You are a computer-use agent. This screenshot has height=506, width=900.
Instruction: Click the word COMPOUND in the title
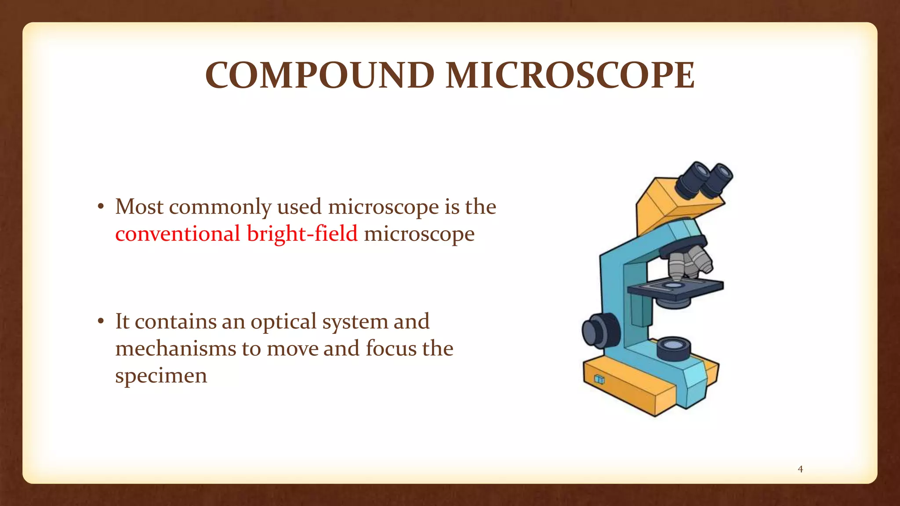(320, 75)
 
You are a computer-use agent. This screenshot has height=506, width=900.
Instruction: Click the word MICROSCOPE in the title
(570, 75)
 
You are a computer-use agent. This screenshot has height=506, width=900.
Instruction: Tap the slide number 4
(800, 469)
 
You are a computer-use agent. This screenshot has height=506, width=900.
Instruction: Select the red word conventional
(177, 233)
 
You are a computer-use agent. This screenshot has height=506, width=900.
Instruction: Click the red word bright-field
(302, 233)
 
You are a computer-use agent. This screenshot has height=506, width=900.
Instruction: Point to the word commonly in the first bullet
(220, 207)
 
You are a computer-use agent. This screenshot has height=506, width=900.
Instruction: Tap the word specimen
(161, 376)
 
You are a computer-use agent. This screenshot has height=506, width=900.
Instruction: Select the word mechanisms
(175, 349)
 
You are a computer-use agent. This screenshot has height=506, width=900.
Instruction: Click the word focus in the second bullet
(391, 349)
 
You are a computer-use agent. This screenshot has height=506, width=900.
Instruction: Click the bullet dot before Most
(101, 207)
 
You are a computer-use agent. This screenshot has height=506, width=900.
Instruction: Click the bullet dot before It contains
(101, 322)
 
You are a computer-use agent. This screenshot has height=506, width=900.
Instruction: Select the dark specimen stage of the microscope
(675, 288)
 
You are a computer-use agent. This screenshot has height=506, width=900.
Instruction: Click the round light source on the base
(674, 348)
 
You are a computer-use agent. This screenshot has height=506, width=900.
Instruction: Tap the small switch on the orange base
(599, 379)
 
